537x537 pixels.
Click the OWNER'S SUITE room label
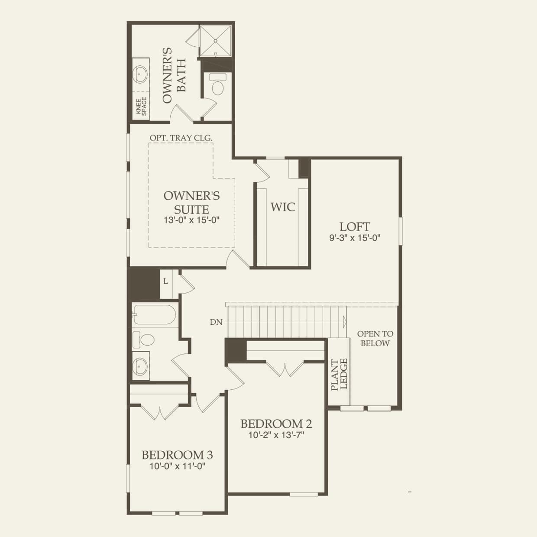(191, 202)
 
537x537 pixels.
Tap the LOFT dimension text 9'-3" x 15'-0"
(355, 238)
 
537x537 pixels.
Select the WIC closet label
(283, 207)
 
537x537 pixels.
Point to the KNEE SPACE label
(142, 106)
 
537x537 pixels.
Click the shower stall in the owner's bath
(215, 41)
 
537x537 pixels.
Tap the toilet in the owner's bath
(216, 85)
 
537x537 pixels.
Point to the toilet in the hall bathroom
(143, 339)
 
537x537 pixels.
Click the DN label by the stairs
(216, 322)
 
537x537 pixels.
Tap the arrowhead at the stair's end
(345, 321)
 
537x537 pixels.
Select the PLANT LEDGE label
(340, 375)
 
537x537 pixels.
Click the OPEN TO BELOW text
(375, 339)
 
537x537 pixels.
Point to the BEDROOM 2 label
(276, 424)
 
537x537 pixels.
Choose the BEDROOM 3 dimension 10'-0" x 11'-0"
(177, 466)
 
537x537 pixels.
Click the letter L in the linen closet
(165, 281)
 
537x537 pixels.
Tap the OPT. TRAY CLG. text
(181, 138)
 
